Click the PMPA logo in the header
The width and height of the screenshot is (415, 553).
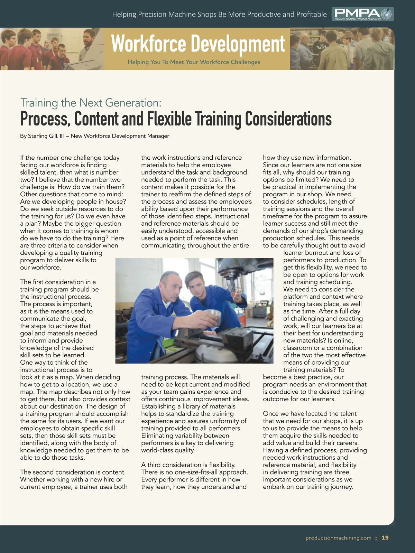pyautogui.click(x=363, y=14)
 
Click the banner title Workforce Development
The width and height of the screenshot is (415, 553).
pyautogui.click(x=198, y=44)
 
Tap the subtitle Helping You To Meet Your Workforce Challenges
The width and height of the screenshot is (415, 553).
pyautogui.click(x=194, y=62)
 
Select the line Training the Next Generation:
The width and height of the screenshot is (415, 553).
pyautogui.click(x=91, y=103)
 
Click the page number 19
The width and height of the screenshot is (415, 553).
pyautogui.click(x=385, y=538)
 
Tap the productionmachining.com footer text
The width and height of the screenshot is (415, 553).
pyautogui.click(x=338, y=538)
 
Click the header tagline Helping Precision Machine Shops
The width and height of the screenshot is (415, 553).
pyautogui.click(x=219, y=15)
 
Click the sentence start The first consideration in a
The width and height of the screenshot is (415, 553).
pyautogui.click(x=58, y=282)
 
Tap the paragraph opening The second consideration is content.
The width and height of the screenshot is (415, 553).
pyautogui.click(x=73, y=472)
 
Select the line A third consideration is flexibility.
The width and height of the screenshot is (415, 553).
pyautogui.click(x=188, y=465)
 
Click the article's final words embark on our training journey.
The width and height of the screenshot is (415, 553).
pyautogui.click(x=308, y=487)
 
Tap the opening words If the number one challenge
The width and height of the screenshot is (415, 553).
pyautogui.click(x=70, y=158)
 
